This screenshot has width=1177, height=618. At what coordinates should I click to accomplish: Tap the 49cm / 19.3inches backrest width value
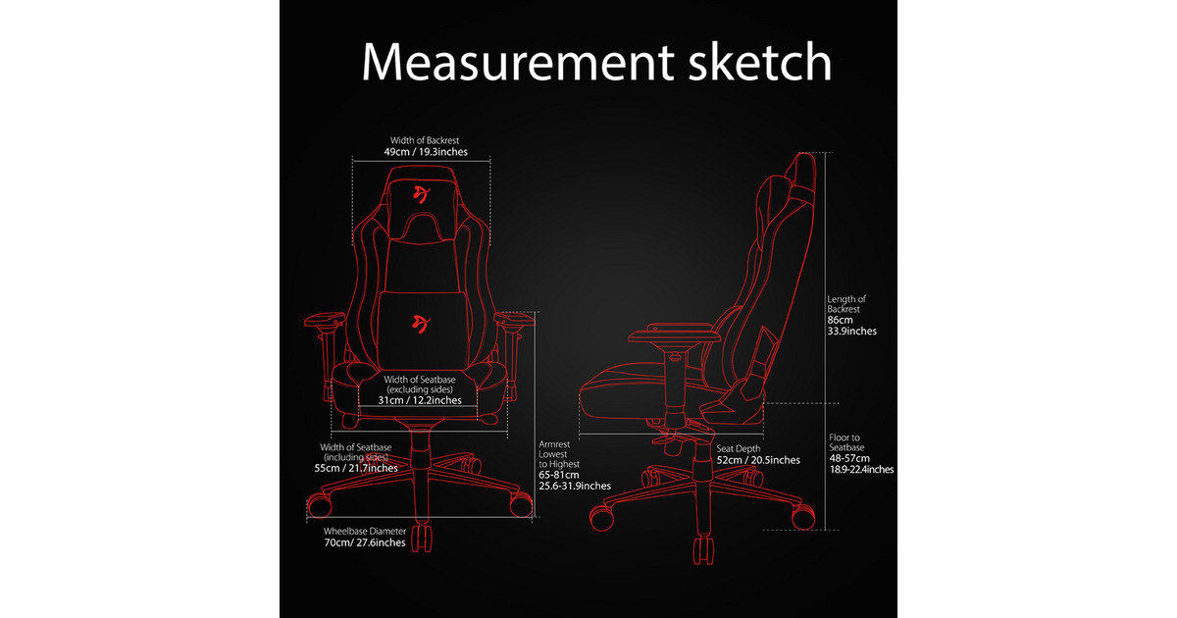pyautogui.click(x=426, y=152)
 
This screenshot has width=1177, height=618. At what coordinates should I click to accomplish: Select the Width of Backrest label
pyautogui.click(x=425, y=140)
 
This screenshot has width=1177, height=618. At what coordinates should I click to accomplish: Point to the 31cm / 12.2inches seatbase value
pyautogui.click(x=420, y=400)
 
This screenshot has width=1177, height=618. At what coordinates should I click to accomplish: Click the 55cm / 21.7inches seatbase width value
pyautogui.click(x=356, y=468)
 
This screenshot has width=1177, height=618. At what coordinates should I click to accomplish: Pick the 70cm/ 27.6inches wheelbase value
pyautogui.click(x=365, y=542)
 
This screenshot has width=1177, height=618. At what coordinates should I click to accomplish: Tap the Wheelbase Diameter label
pyautogui.click(x=365, y=532)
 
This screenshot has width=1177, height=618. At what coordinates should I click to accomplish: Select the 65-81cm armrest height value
pyautogui.click(x=558, y=475)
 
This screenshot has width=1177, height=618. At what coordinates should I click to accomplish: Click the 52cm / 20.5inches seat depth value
pyautogui.click(x=758, y=460)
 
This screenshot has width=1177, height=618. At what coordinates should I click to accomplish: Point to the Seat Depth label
pyautogui.click(x=739, y=449)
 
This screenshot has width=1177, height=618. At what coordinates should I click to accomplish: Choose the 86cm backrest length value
pyautogui.click(x=840, y=320)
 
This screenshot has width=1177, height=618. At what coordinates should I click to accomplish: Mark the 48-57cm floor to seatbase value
pyautogui.click(x=849, y=458)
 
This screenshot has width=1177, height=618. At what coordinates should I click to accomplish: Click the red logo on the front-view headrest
pyautogui.click(x=422, y=194)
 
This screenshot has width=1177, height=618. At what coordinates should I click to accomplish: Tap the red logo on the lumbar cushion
pyautogui.click(x=421, y=324)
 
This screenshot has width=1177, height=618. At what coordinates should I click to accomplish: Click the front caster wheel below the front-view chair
pyautogui.click(x=422, y=538)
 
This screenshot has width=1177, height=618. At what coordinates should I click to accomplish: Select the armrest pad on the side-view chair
pyautogui.click(x=673, y=333)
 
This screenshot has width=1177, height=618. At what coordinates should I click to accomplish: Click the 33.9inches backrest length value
pyautogui.click(x=851, y=332)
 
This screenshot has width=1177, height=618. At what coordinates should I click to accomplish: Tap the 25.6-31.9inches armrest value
pyautogui.click(x=575, y=487)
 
